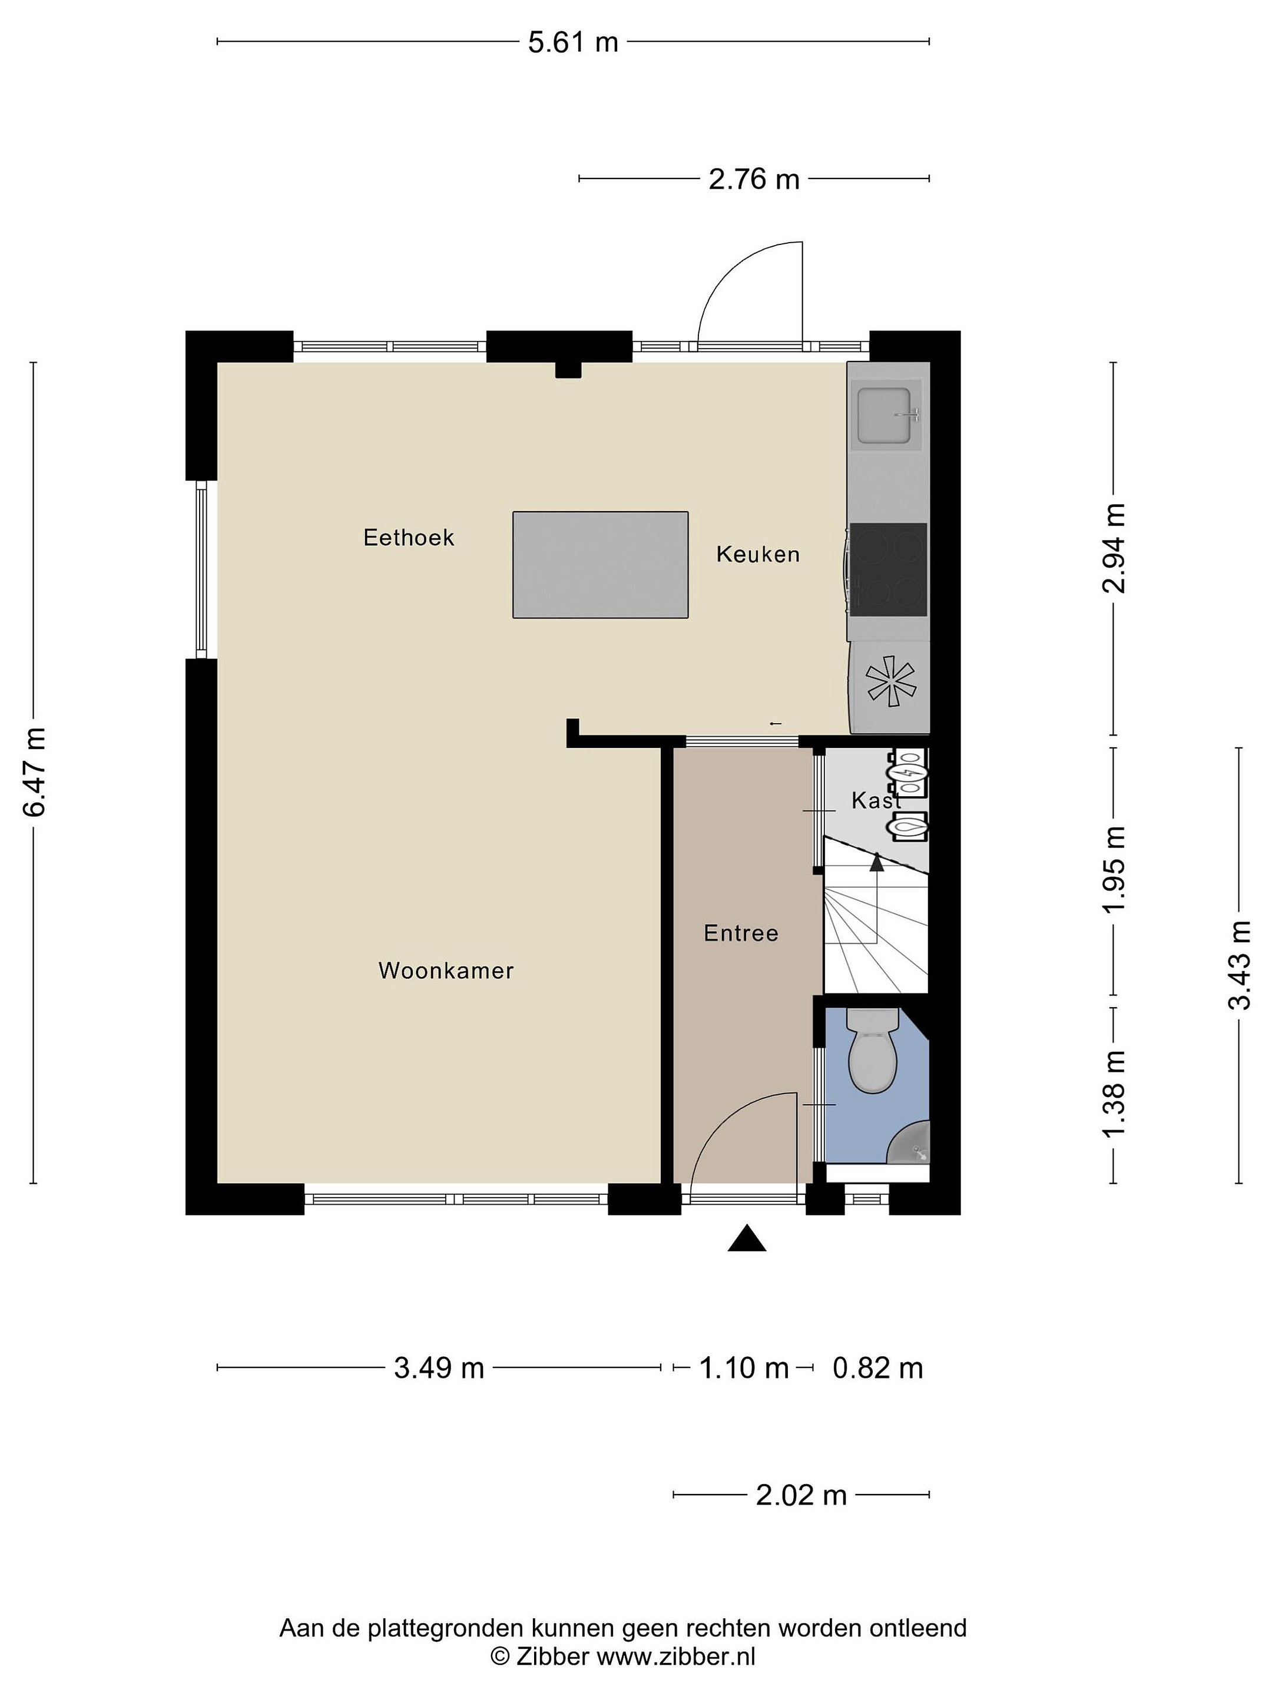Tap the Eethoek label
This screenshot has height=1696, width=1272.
coord(409,538)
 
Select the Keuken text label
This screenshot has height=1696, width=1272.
coord(757,554)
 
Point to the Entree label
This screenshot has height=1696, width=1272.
coord(741,933)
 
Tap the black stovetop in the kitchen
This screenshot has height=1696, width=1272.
coord(888,569)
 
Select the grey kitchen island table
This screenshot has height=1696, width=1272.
coord(600,564)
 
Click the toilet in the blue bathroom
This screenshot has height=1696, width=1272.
coord(873,1051)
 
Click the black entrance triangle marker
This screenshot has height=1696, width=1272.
coord(747,1238)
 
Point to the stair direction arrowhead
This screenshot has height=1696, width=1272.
coord(876,862)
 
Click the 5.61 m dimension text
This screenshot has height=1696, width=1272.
coord(573,42)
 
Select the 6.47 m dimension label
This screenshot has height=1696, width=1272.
coord(35,771)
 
